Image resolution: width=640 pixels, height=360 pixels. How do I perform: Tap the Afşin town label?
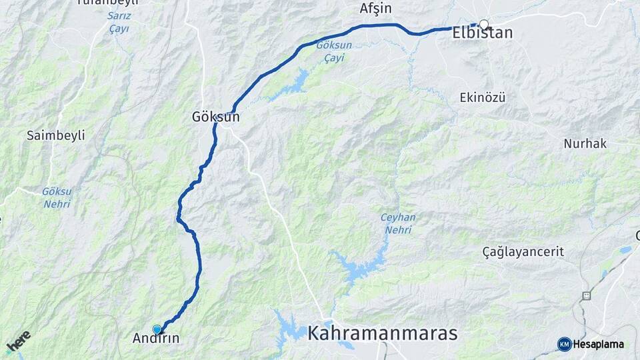coord(375,9)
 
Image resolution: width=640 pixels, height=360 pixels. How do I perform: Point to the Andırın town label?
coord(156,338)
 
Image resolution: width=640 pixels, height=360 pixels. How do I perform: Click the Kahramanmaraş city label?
coord(383,333)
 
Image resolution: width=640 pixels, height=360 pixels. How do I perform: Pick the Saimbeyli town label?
coord(56,135)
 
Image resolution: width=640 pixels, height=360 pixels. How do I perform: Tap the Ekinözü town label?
coord(483,97)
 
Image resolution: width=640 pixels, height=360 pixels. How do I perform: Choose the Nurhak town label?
coord(585,143)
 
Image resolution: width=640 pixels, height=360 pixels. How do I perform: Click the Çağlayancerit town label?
coord(523,251)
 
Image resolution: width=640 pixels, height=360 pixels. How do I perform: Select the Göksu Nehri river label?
coord(57,197)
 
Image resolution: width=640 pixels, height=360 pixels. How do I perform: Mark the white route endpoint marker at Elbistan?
coord(484,25)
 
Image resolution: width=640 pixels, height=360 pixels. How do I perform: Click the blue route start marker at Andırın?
coord(157,329)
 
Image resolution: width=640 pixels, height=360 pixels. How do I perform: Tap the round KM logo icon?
coord(564,344)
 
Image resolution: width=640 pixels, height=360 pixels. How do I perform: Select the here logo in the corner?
coord(18,341)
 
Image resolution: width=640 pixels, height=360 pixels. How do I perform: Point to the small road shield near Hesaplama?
coord(587,295)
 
